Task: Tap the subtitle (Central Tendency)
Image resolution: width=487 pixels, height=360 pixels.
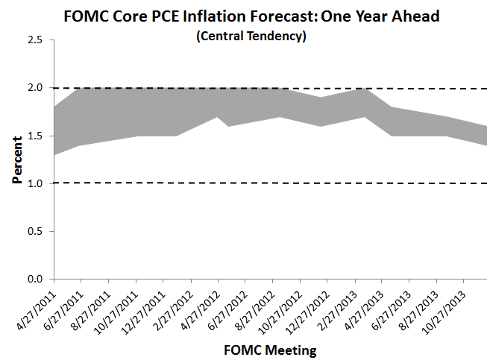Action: click(x=251, y=37)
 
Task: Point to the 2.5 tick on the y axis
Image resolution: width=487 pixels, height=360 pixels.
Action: click(x=34, y=40)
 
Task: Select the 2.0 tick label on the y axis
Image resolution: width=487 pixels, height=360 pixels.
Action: click(x=34, y=88)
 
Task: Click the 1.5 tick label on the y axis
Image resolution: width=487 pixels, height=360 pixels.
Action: click(x=34, y=136)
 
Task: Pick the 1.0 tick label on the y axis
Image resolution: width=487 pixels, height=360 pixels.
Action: click(x=34, y=183)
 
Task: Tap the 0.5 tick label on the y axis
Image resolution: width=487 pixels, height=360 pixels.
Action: click(x=34, y=231)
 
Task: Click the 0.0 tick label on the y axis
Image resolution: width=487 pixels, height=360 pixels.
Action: click(x=34, y=279)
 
